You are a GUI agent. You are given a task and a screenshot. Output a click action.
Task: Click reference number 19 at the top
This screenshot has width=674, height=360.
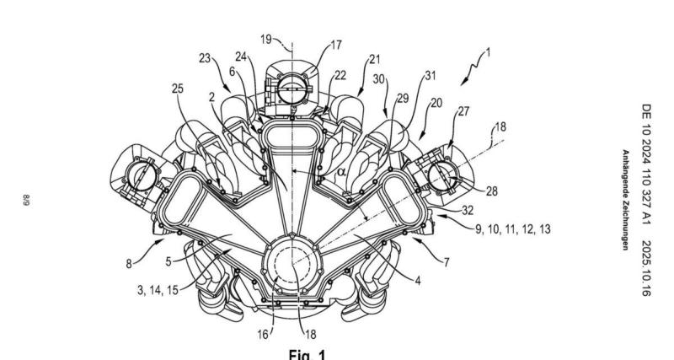point(265,39)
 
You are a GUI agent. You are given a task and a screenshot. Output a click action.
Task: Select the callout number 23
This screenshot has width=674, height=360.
point(204,59)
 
